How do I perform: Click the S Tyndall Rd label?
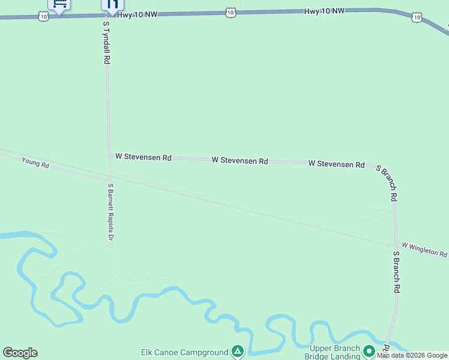pos(106,43)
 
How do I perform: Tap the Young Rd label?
pos(35,162)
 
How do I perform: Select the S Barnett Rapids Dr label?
pos(110,212)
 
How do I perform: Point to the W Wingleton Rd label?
pos(424,250)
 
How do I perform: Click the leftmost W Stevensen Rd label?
pos(143,157)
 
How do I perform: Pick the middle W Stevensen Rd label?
pos(240,161)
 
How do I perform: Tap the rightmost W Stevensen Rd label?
pos(336,164)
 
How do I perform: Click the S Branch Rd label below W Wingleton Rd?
pos(397,272)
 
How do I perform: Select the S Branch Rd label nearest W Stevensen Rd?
pos(388,182)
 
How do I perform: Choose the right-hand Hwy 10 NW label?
pos(324,11)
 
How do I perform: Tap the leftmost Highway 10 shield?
pos(43,17)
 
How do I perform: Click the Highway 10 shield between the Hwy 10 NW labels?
pos(231,12)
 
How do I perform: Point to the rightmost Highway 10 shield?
pos(417,17)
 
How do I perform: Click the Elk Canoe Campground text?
pos(184,352)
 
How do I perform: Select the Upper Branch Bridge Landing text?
pos(334,352)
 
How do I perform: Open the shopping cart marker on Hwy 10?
pos(59,4)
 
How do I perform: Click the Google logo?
pos(20,353)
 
